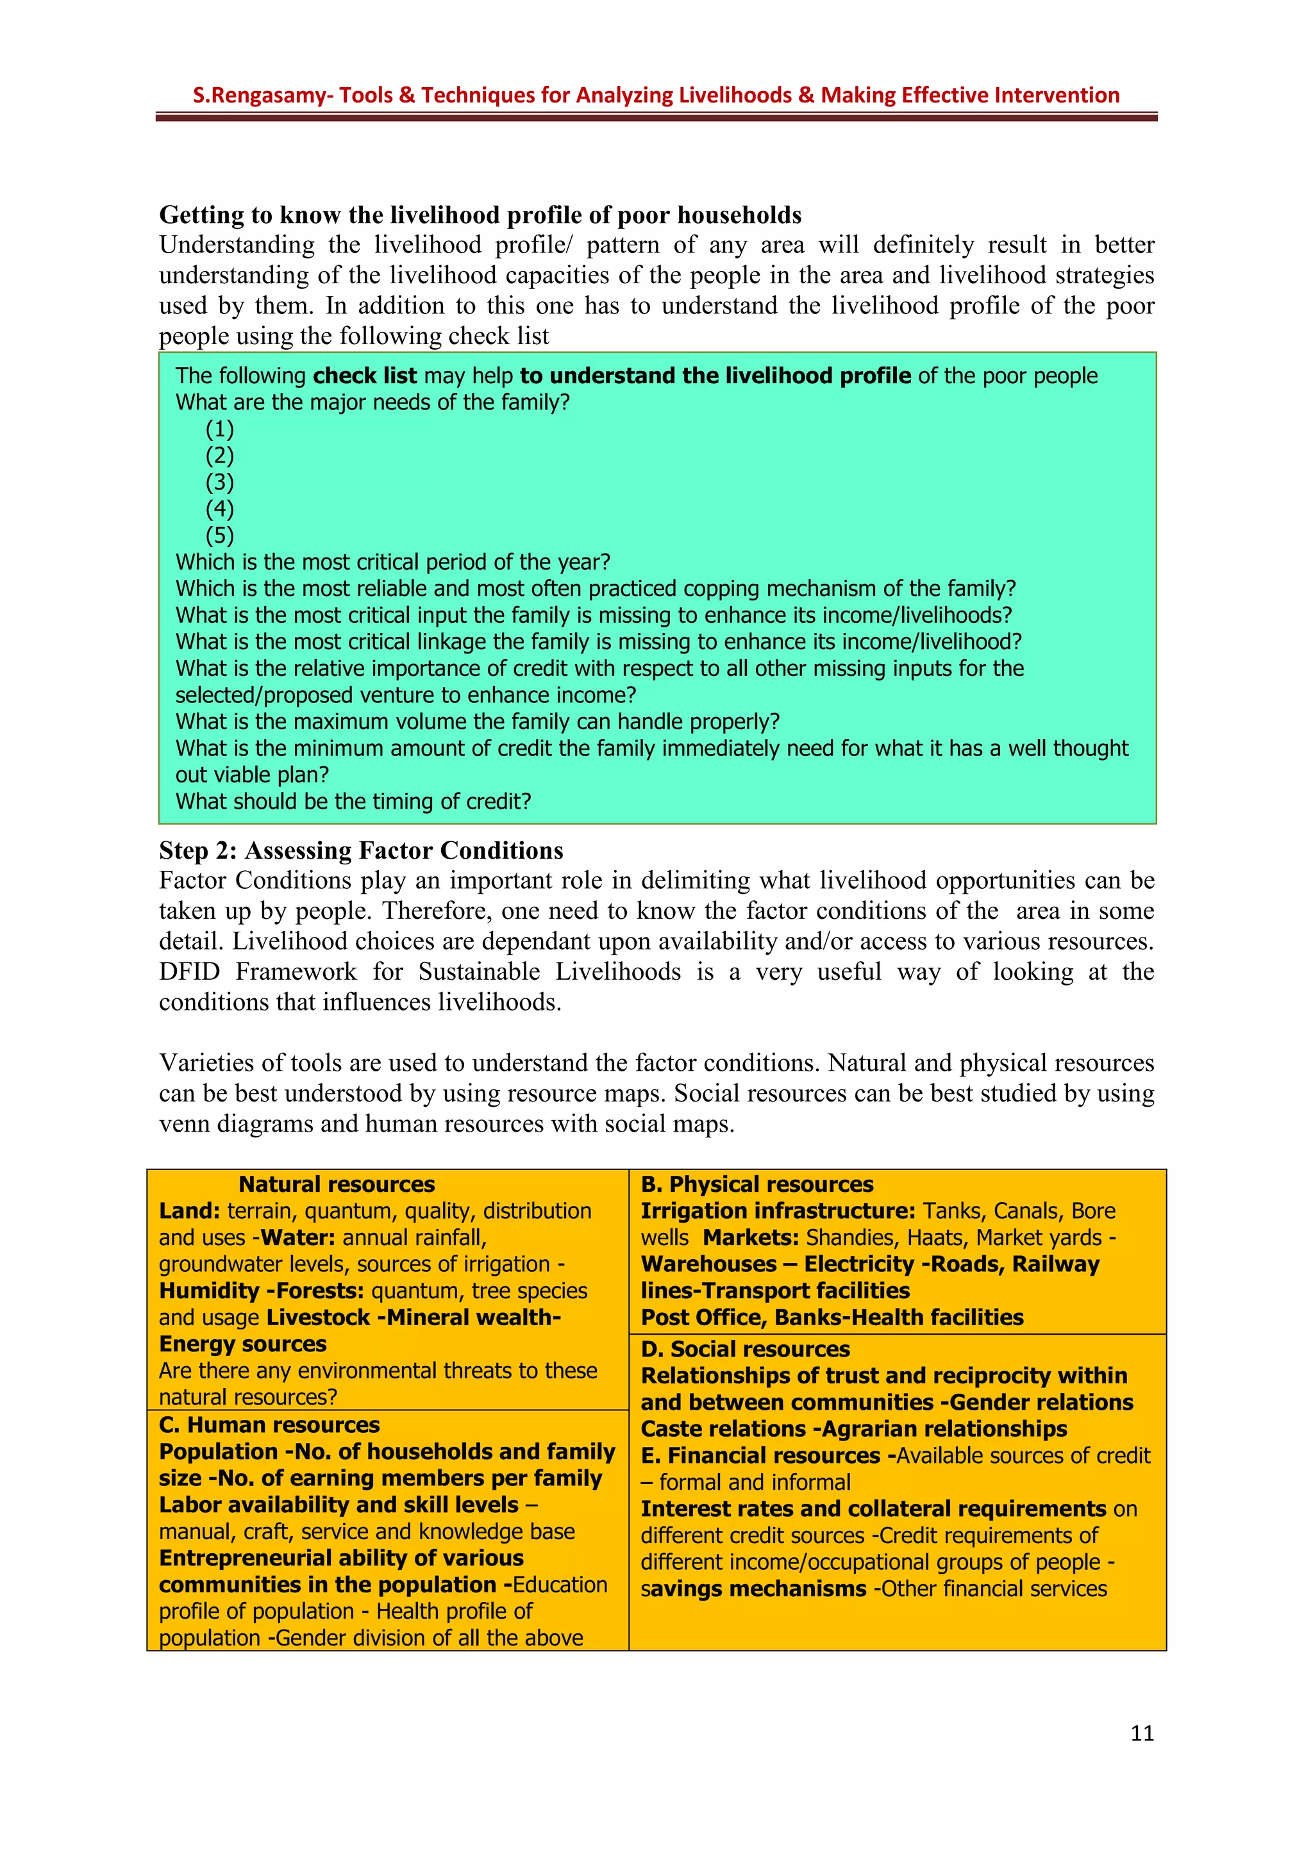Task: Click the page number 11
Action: point(1141,1733)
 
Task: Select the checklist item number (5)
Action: point(219,536)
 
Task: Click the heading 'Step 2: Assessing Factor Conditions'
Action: point(361,850)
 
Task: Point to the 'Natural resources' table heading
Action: point(337,1184)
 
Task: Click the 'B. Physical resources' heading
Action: point(757,1184)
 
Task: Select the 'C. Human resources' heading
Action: point(269,1425)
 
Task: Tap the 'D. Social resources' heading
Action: point(744,1349)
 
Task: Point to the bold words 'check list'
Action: point(364,376)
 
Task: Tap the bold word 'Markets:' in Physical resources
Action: point(751,1237)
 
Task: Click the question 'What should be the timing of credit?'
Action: point(353,802)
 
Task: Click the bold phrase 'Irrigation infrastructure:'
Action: point(778,1211)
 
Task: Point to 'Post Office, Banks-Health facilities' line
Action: point(832,1317)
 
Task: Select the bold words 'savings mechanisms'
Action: point(753,1589)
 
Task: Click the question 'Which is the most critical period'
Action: point(392,562)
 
